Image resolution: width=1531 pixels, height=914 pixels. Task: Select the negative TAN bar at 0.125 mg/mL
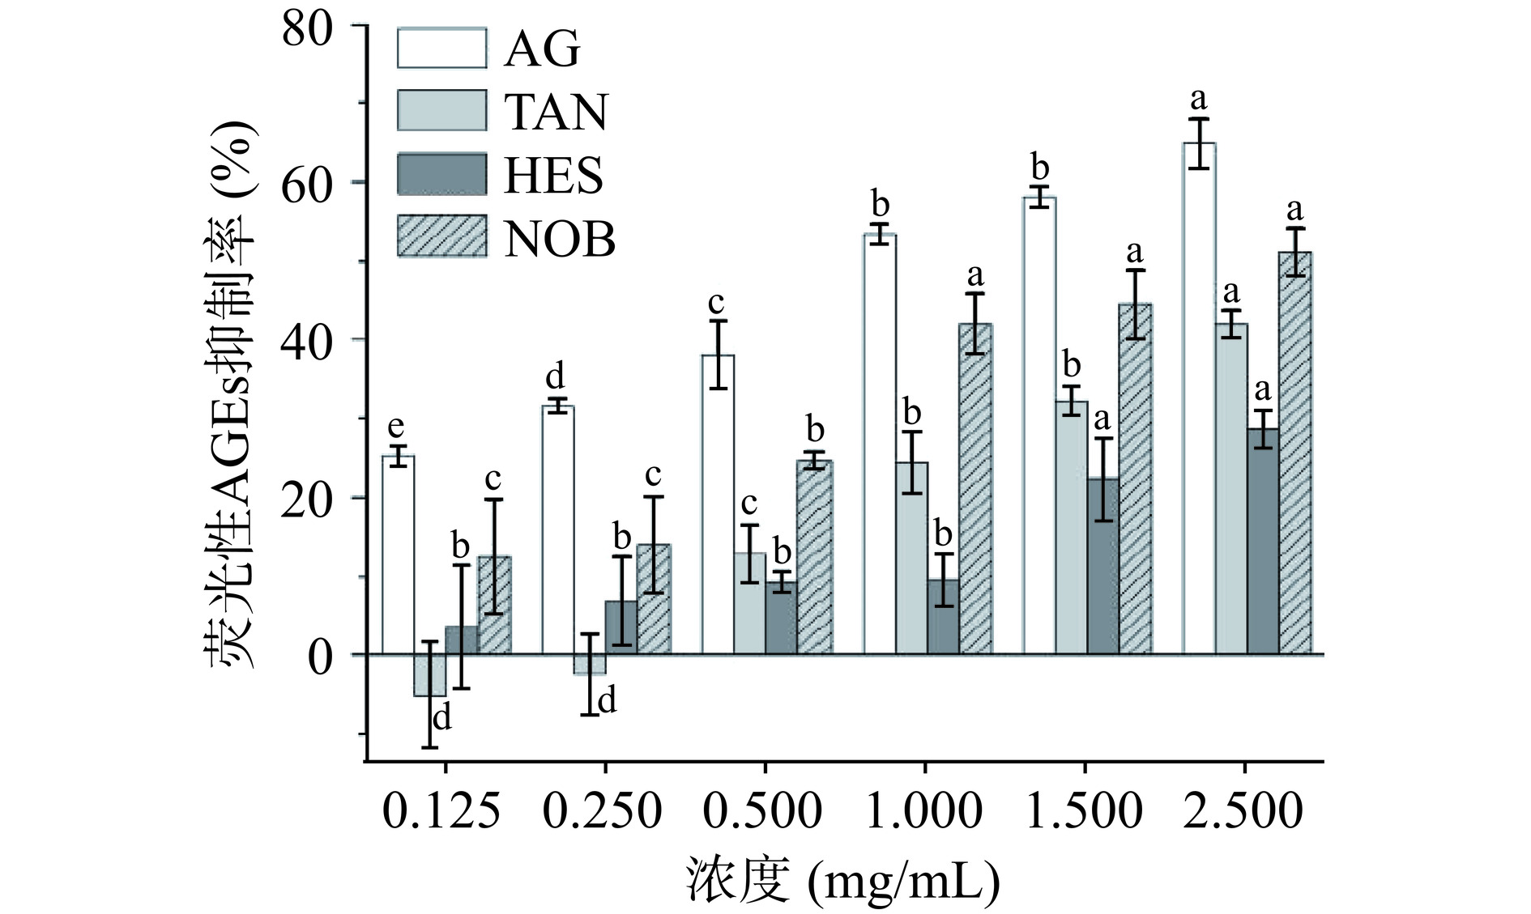pyautogui.click(x=429, y=675)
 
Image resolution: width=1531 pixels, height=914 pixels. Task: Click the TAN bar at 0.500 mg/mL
pyautogui.click(x=749, y=603)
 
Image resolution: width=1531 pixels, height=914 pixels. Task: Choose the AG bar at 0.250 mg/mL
pyautogui.click(x=558, y=529)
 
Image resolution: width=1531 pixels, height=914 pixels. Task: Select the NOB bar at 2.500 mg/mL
pyautogui.click(x=1294, y=453)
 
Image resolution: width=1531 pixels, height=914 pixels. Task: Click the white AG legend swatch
pyautogui.click(x=441, y=49)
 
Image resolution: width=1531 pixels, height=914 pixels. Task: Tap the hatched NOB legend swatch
pyautogui.click(x=441, y=236)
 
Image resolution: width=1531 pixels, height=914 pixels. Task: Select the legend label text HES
pyautogui.click(x=554, y=176)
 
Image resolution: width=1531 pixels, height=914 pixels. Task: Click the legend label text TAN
pyautogui.click(x=556, y=112)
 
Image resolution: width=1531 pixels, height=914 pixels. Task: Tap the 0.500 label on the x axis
pyautogui.click(x=762, y=811)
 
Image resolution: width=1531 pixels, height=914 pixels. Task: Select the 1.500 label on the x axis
pyautogui.click(x=1083, y=811)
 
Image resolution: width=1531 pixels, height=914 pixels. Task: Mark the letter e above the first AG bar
pyautogui.click(x=396, y=427)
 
